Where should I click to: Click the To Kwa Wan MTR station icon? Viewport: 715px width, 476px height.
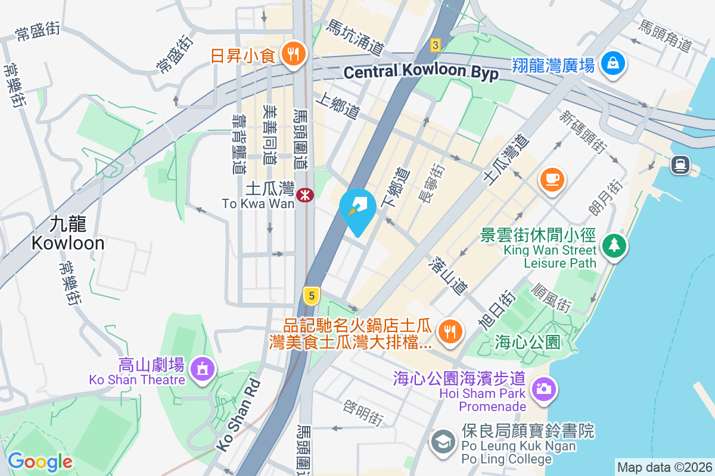304,194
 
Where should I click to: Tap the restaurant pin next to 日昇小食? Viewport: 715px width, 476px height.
292,55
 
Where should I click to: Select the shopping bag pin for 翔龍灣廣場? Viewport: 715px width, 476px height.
612,62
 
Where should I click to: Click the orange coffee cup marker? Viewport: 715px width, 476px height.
552,178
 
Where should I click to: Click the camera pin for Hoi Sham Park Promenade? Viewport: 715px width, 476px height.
542,389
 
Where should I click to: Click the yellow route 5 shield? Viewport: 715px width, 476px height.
311,295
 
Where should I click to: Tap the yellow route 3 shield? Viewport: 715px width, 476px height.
436,45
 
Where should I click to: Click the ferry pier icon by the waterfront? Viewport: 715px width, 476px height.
680,164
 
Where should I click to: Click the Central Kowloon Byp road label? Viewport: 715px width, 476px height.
421,72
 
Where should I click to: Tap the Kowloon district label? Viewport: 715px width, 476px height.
68,234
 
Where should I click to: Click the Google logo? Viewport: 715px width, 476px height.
40,461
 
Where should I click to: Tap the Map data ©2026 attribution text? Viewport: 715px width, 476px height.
664,467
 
